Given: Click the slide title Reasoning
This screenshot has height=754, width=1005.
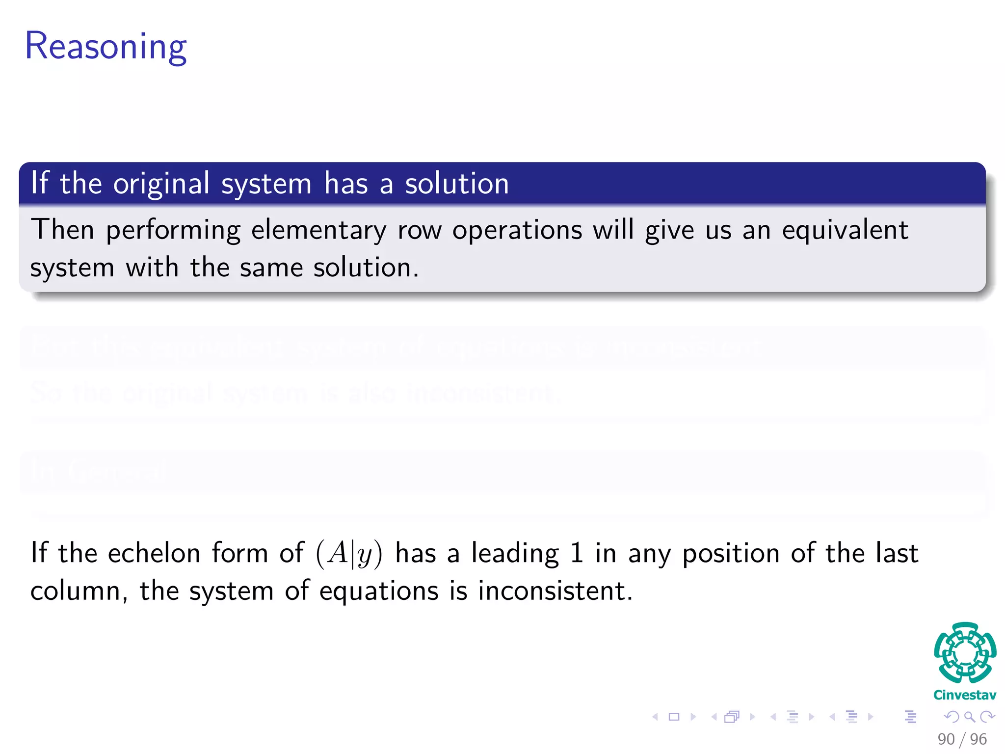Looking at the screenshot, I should (x=106, y=46).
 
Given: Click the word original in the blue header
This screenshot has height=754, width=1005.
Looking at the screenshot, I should (x=161, y=184).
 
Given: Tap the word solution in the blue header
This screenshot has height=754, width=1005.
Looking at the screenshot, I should (x=456, y=184).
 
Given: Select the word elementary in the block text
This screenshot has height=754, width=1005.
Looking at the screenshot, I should (x=318, y=230).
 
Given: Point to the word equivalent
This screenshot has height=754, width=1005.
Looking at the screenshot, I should (x=845, y=230).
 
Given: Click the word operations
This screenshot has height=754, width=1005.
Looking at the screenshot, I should (x=517, y=230).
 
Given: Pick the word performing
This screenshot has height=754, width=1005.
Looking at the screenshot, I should (x=173, y=230).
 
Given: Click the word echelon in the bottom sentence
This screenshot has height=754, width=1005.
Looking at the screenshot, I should (x=154, y=553).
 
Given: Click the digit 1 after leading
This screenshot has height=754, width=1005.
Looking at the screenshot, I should (x=577, y=553).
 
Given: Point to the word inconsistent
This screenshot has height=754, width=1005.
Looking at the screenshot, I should (x=555, y=591).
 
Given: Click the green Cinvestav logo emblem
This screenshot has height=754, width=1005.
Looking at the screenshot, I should (x=964, y=653).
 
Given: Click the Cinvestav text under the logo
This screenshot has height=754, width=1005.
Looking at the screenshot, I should (x=964, y=695).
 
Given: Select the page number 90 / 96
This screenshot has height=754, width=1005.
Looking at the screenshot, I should (x=961, y=739).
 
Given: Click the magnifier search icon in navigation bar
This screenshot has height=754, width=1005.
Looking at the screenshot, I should (x=969, y=717).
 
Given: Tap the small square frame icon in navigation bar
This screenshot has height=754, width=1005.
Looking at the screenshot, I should (x=674, y=717).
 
